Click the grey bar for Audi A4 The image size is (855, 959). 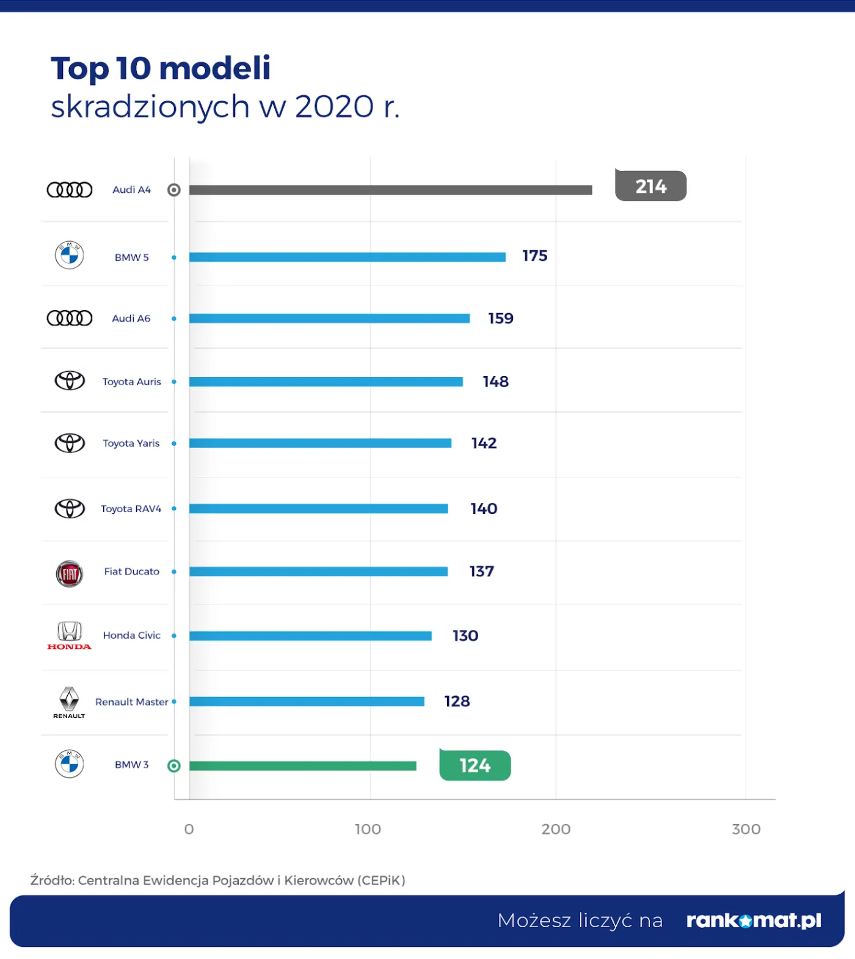[x=391, y=190]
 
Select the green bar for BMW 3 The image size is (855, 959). [x=303, y=765]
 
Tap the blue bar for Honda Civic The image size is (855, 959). [x=310, y=635]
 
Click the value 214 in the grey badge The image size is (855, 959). [x=651, y=186]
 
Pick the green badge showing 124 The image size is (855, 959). [x=475, y=765]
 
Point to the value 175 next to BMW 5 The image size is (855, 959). [x=534, y=256]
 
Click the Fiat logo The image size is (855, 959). [x=69, y=573]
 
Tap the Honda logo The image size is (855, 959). [x=69, y=635]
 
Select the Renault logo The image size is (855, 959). [x=69, y=702]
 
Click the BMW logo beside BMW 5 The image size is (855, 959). [x=69, y=255]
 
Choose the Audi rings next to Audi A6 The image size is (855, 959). [x=70, y=318]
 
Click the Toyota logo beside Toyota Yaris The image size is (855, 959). [x=70, y=443]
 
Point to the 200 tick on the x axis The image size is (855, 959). [x=556, y=829]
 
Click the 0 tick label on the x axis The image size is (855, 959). [x=189, y=829]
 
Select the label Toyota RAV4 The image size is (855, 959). [x=131, y=508]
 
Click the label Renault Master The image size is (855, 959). [x=131, y=702]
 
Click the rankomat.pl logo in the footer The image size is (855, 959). [x=754, y=920]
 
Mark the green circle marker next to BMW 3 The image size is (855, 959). [x=174, y=765]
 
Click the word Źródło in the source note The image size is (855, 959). [x=52, y=880]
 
